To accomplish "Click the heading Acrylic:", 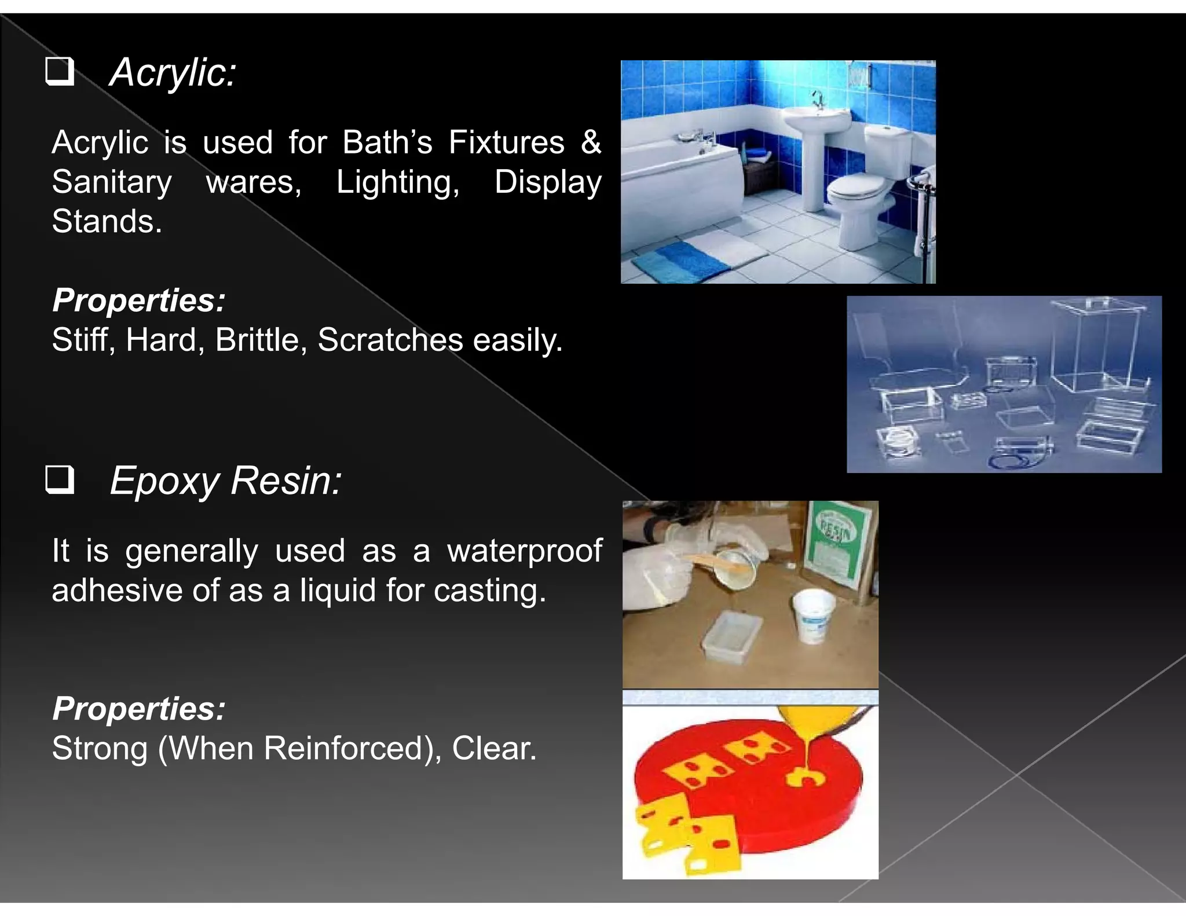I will [173, 73].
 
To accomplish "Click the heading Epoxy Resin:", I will [225, 481].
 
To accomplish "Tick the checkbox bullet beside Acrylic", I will [60, 71].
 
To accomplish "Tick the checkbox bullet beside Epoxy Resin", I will [60, 479].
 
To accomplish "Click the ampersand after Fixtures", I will [591, 142].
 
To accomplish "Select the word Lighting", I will [398, 182].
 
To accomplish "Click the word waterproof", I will [525, 551].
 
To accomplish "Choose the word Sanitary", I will [112, 182].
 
